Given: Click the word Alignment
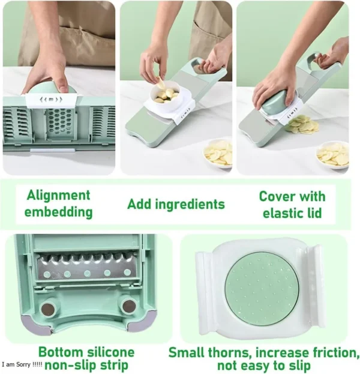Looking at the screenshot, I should point(58,195).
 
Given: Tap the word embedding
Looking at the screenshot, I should point(58,212).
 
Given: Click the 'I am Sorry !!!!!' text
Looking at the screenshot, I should point(22,364).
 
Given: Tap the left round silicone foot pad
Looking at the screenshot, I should point(48,309).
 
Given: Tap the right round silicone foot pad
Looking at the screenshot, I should point(128,306).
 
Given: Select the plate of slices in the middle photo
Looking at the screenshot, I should point(218,154).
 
